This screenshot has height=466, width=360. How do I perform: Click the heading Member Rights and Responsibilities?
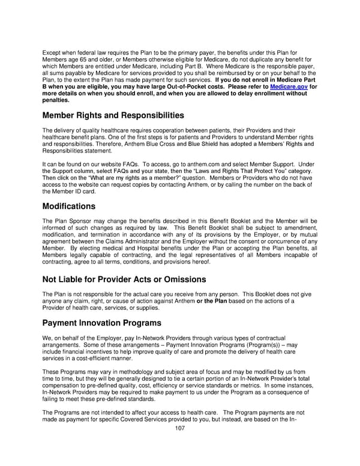click(x=113, y=115)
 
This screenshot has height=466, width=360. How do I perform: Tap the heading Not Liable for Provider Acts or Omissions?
click(x=124, y=279)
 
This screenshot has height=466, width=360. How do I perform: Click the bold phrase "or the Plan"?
click(x=212, y=301)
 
